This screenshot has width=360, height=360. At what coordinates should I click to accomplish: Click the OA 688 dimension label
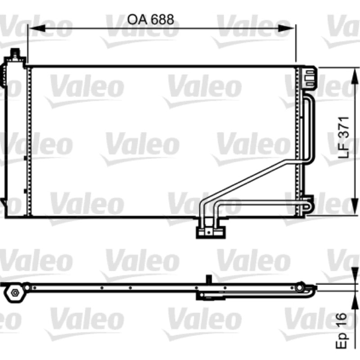[150, 19]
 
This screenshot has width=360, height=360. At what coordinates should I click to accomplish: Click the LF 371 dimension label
[344, 138]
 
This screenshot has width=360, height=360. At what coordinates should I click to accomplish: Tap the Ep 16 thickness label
[342, 331]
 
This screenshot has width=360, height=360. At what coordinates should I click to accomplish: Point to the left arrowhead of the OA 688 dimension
[36, 28]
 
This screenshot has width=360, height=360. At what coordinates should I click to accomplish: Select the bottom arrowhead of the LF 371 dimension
[355, 207]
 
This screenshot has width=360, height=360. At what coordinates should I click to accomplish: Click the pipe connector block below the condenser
[211, 232]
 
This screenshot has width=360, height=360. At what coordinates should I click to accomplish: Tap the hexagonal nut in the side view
[15, 293]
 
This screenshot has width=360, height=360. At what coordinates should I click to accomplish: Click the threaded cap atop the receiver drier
[15, 54]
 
